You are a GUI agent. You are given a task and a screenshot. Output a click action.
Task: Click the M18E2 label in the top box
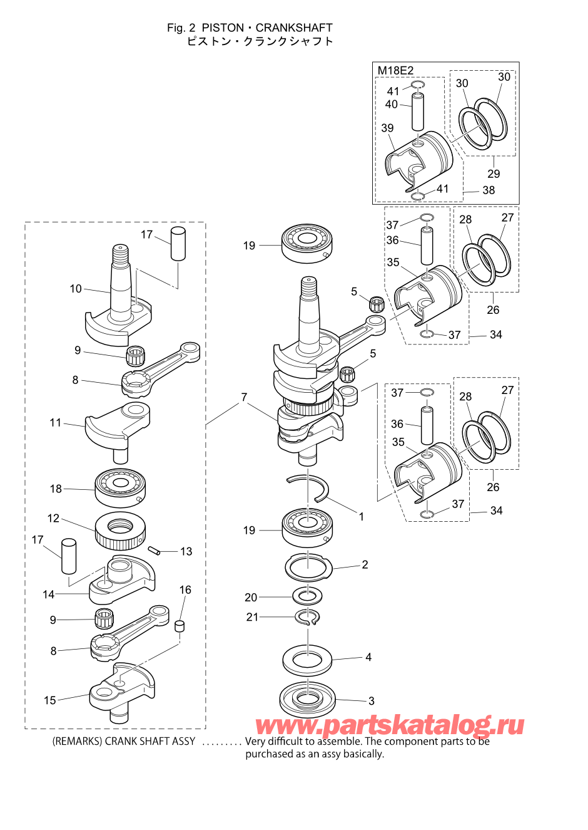click(x=395, y=71)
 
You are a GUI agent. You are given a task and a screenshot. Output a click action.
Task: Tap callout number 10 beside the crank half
click(x=76, y=289)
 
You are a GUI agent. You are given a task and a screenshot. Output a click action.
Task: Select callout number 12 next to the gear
click(x=54, y=518)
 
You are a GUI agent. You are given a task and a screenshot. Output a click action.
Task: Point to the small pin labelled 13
click(x=155, y=551)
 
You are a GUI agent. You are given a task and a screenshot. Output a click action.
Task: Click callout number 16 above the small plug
click(x=185, y=590)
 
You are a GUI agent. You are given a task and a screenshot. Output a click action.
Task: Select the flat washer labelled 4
click(x=307, y=659)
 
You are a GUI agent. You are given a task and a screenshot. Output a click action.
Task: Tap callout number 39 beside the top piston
click(x=388, y=128)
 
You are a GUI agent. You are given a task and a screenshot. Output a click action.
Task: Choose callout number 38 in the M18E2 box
click(x=489, y=190)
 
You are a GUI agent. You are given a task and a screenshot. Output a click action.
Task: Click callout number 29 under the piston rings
click(x=494, y=174)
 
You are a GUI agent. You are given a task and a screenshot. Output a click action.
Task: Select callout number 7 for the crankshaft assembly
click(x=244, y=397)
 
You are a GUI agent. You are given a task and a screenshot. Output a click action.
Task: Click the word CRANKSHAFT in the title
click(x=294, y=28)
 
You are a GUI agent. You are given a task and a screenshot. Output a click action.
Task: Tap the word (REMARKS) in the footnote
click(x=76, y=742)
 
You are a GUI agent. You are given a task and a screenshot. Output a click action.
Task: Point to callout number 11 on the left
click(x=56, y=423)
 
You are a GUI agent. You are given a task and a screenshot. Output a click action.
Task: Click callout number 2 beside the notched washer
click(x=365, y=564)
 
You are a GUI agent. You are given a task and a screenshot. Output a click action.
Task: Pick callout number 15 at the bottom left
click(x=50, y=700)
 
